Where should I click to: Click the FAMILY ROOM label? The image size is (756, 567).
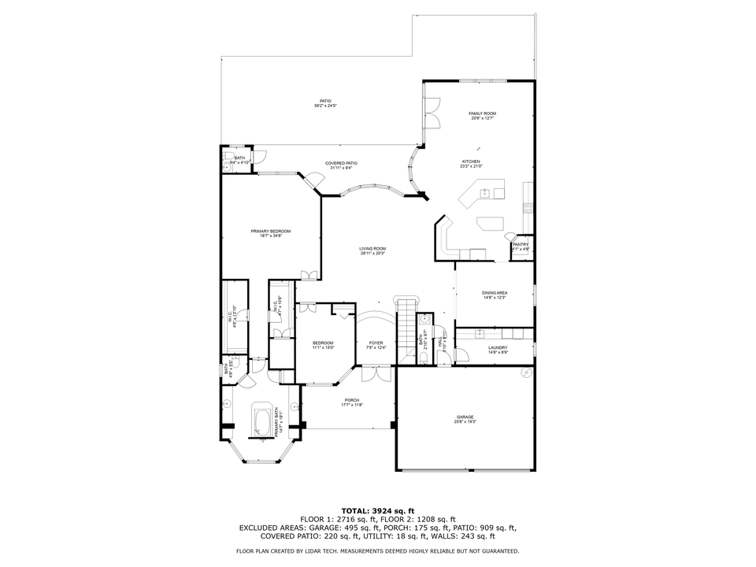coord(482,113)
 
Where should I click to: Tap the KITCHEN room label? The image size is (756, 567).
coord(471,161)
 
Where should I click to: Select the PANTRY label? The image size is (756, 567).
coord(521,244)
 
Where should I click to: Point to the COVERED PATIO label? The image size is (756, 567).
coord(341,163)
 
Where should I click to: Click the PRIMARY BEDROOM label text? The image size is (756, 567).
coord(271,231)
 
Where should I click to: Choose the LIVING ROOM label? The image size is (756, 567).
coord(372,248)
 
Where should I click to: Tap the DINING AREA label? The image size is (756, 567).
coord(495,292)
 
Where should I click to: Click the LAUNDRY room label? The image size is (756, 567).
coord(498,347)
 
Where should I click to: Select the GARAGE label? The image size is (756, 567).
coord(465,417)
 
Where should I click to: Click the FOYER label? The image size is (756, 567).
coord(376,343)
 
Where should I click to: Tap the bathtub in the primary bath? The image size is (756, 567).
coord(261,420)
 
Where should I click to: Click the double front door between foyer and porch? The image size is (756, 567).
coord(376,373)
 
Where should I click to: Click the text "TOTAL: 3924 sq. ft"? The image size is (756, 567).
coord(377,510)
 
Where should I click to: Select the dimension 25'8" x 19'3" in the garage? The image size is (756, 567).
coord(465,422)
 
